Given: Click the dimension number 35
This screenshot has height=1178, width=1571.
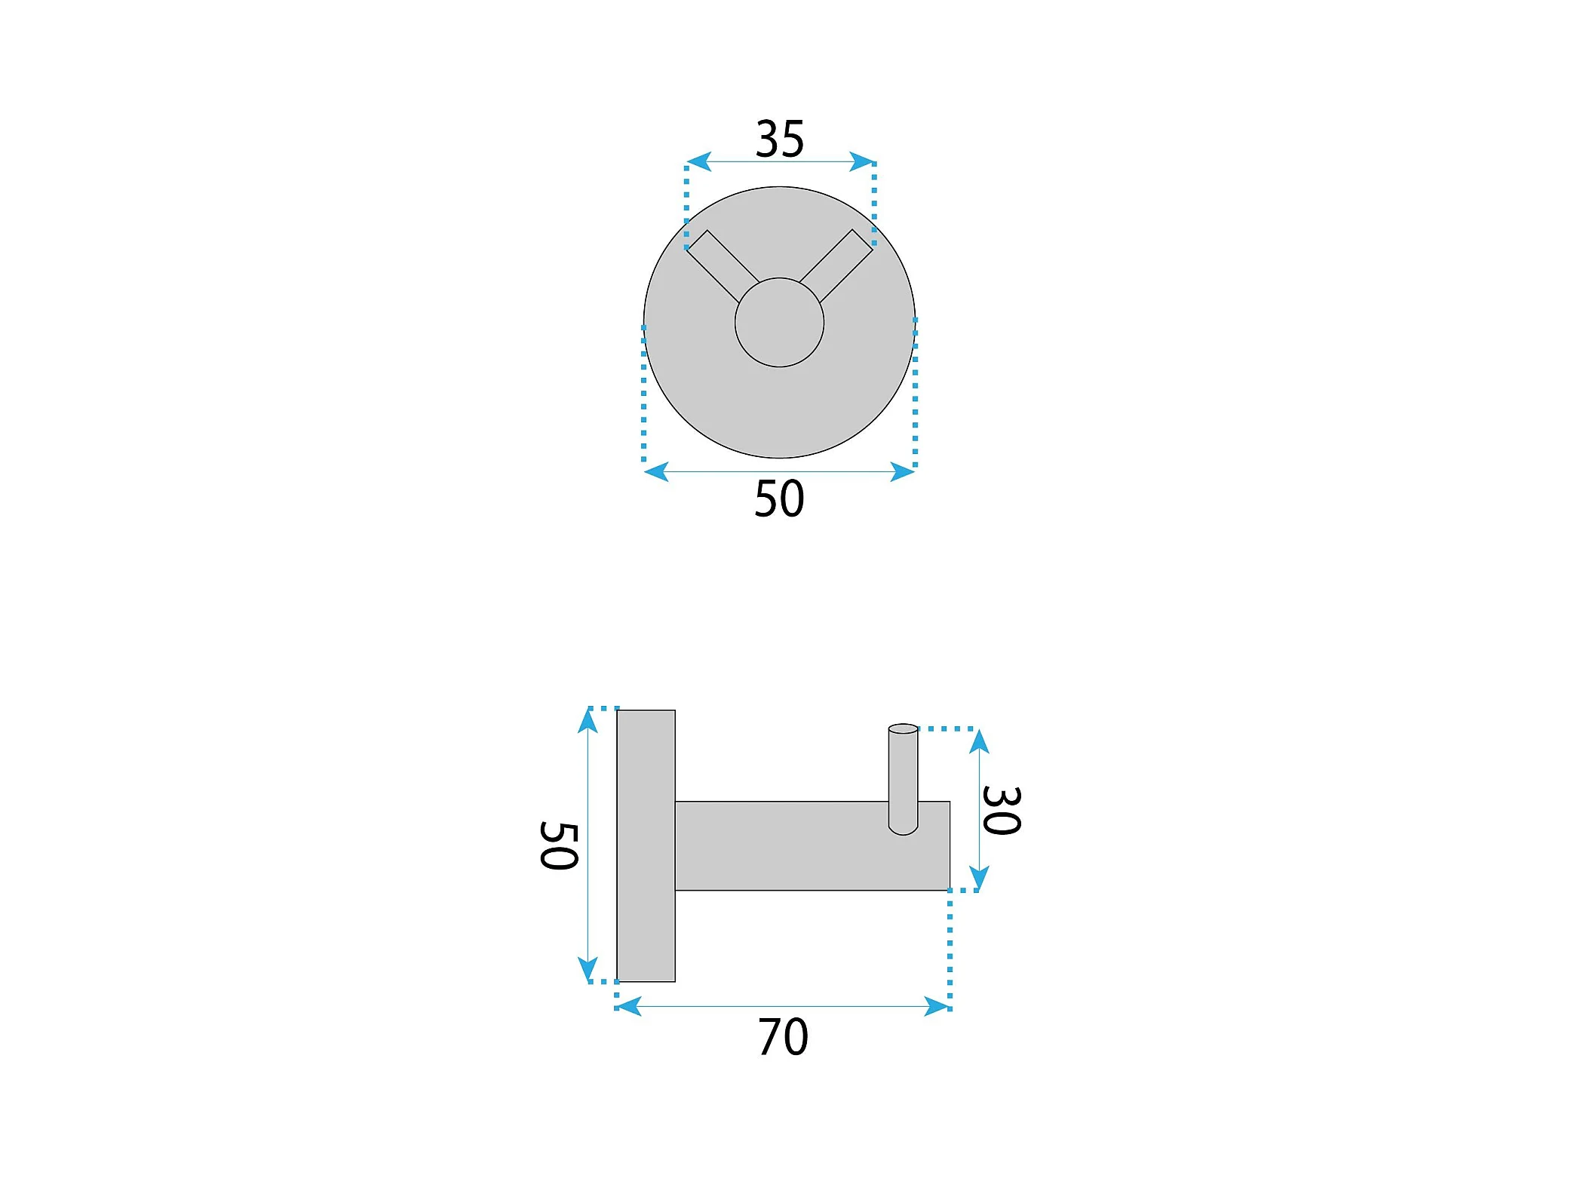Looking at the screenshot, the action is pyautogui.click(x=780, y=140).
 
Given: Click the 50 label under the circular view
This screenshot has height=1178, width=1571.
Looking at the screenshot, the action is pyautogui.click(x=780, y=499).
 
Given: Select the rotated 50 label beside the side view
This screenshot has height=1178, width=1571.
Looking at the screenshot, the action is pyautogui.click(x=559, y=845).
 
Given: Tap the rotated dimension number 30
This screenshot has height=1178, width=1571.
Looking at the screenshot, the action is pyautogui.click(x=1002, y=810).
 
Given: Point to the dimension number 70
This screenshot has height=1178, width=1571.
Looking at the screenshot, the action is pyautogui.click(x=783, y=1037).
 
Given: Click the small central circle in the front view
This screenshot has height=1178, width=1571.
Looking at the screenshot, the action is pyautogui.click(x=779, y=323).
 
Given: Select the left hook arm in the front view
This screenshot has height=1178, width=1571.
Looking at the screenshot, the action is pyautogui.click(x=722, y=265).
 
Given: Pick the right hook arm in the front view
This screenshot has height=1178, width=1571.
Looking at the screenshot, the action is pyautogui.click(x=836, y=265).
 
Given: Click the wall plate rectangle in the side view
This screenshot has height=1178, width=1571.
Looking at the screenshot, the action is pyautogui.click(x=646, y=845).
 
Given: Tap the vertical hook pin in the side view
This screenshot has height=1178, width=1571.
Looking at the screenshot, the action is pyautogui.click(x=903, y=779).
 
